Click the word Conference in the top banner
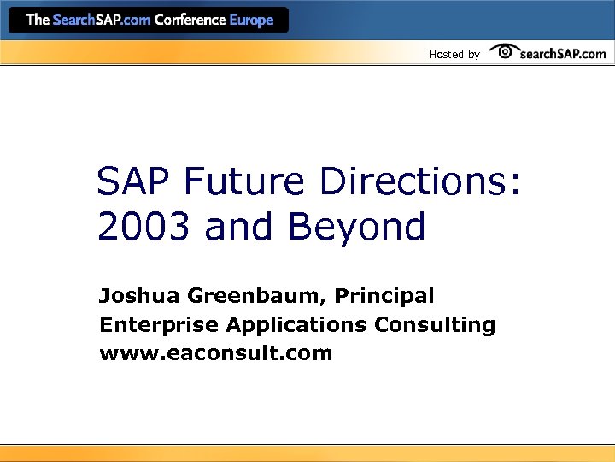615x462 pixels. tap(190, 20)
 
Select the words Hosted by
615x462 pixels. tap(454, 55)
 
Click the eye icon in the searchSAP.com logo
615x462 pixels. tap(505, 52)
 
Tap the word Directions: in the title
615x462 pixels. tap(419, 182)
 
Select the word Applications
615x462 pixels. tap(296, 326)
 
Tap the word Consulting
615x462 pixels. tap(434, 326)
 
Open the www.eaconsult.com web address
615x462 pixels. tap(215, 352)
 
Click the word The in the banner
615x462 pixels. tap(38, 20)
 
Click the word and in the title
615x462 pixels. tap(242, 227)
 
